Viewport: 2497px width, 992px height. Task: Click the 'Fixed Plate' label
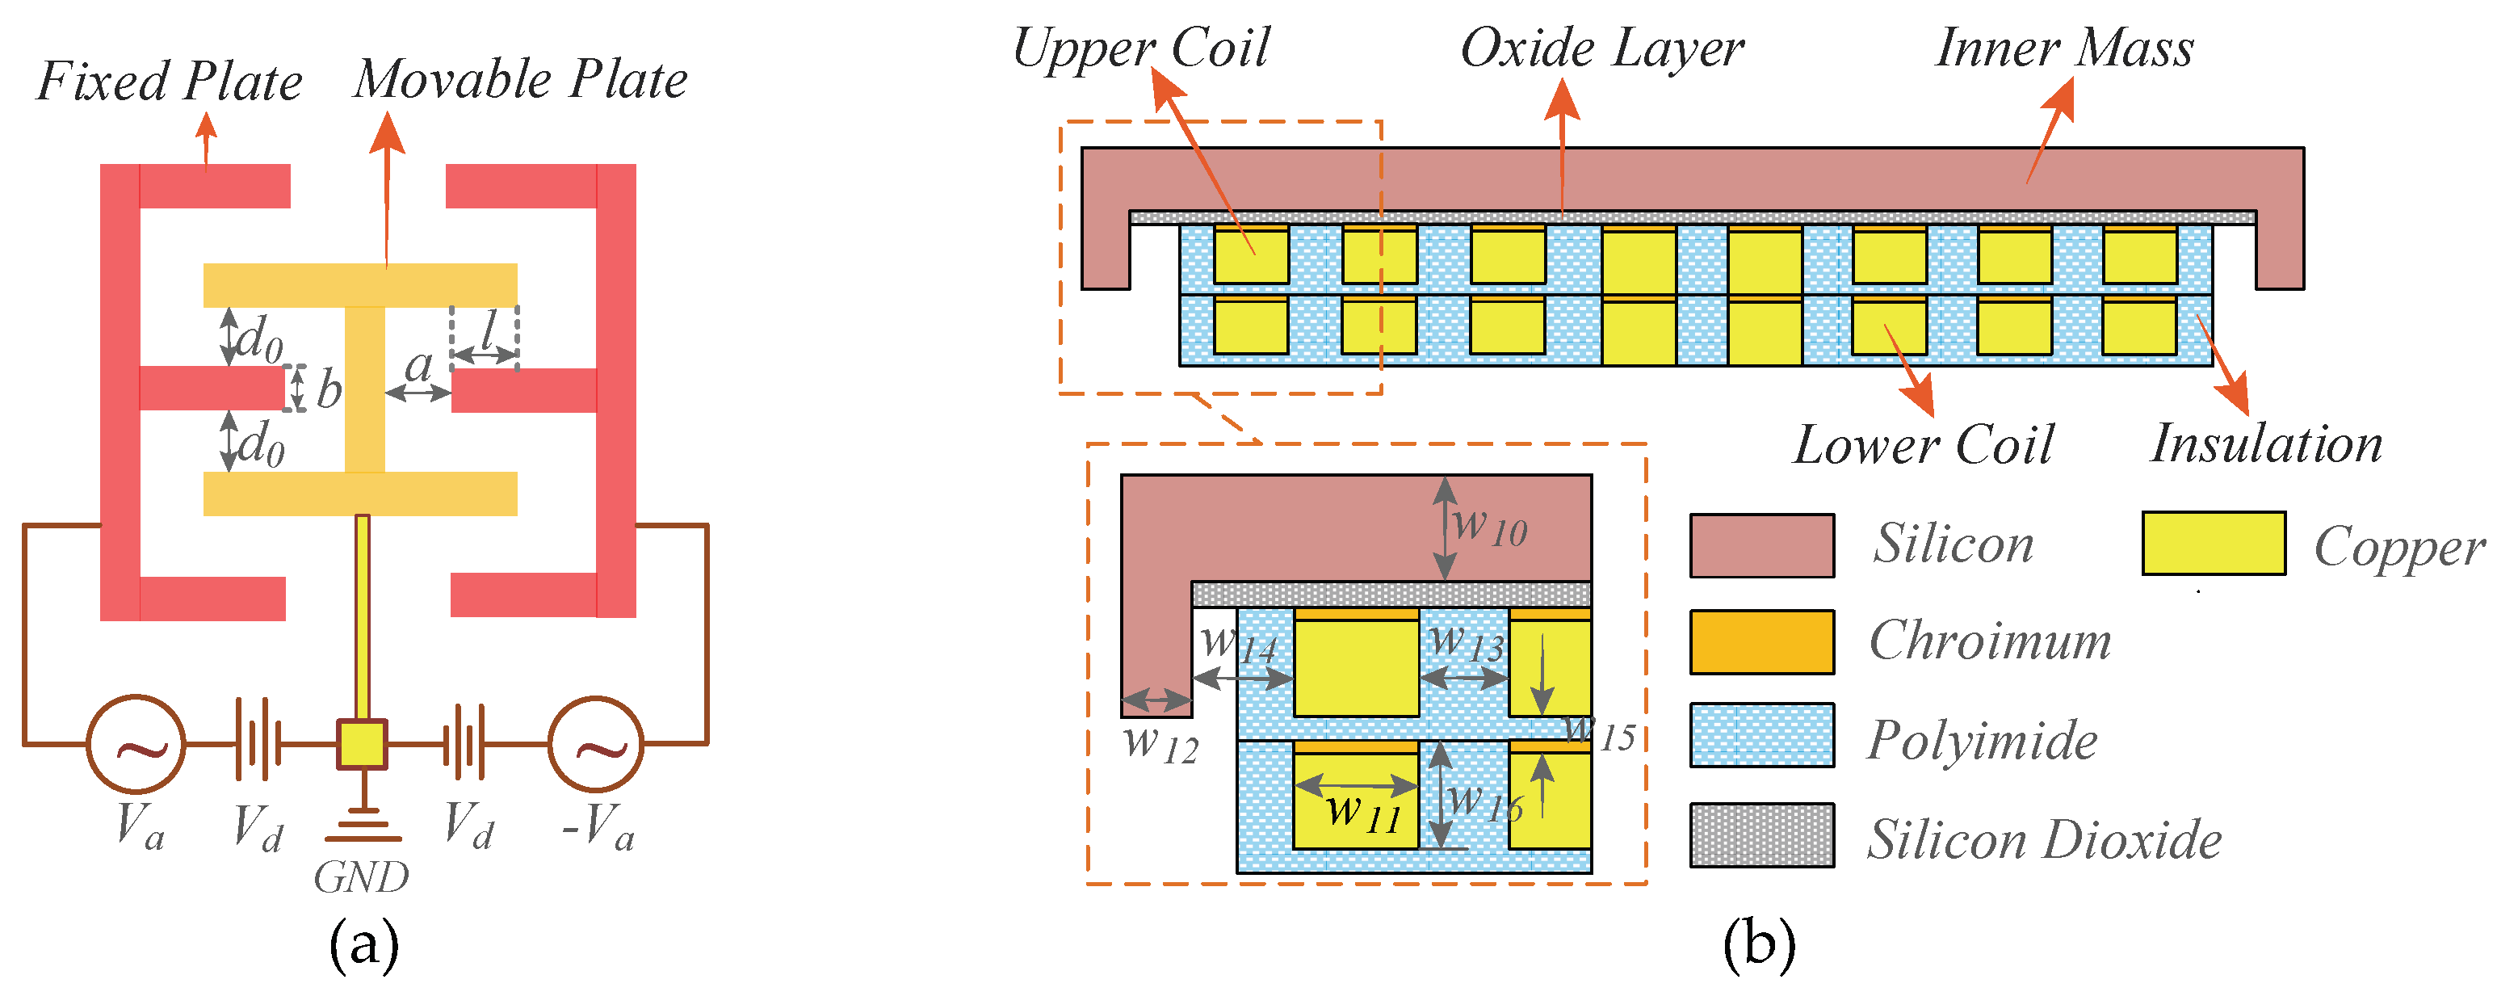point(170,82)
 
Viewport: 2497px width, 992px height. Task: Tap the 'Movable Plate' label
point(521,79)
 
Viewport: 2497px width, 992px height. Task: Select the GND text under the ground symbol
point(361,877)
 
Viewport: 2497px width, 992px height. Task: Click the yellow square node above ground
point(362,745)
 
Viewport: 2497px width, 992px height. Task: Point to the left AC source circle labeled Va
point(136,744)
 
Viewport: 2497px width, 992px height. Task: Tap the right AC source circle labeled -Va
point(595,744)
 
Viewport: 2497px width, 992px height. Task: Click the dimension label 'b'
point(329,390)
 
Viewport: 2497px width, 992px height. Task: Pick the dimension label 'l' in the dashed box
point(488,330)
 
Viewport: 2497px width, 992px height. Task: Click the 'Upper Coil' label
point(1141,48)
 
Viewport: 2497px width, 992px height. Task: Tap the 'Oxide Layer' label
point(1602,48)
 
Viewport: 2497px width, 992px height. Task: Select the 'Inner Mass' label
point(2065,48)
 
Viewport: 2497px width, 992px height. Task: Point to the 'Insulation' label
point(2266,444)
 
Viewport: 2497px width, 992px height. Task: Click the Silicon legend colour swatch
point(1761,546)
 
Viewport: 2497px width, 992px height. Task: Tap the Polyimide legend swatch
point(1761,736)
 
